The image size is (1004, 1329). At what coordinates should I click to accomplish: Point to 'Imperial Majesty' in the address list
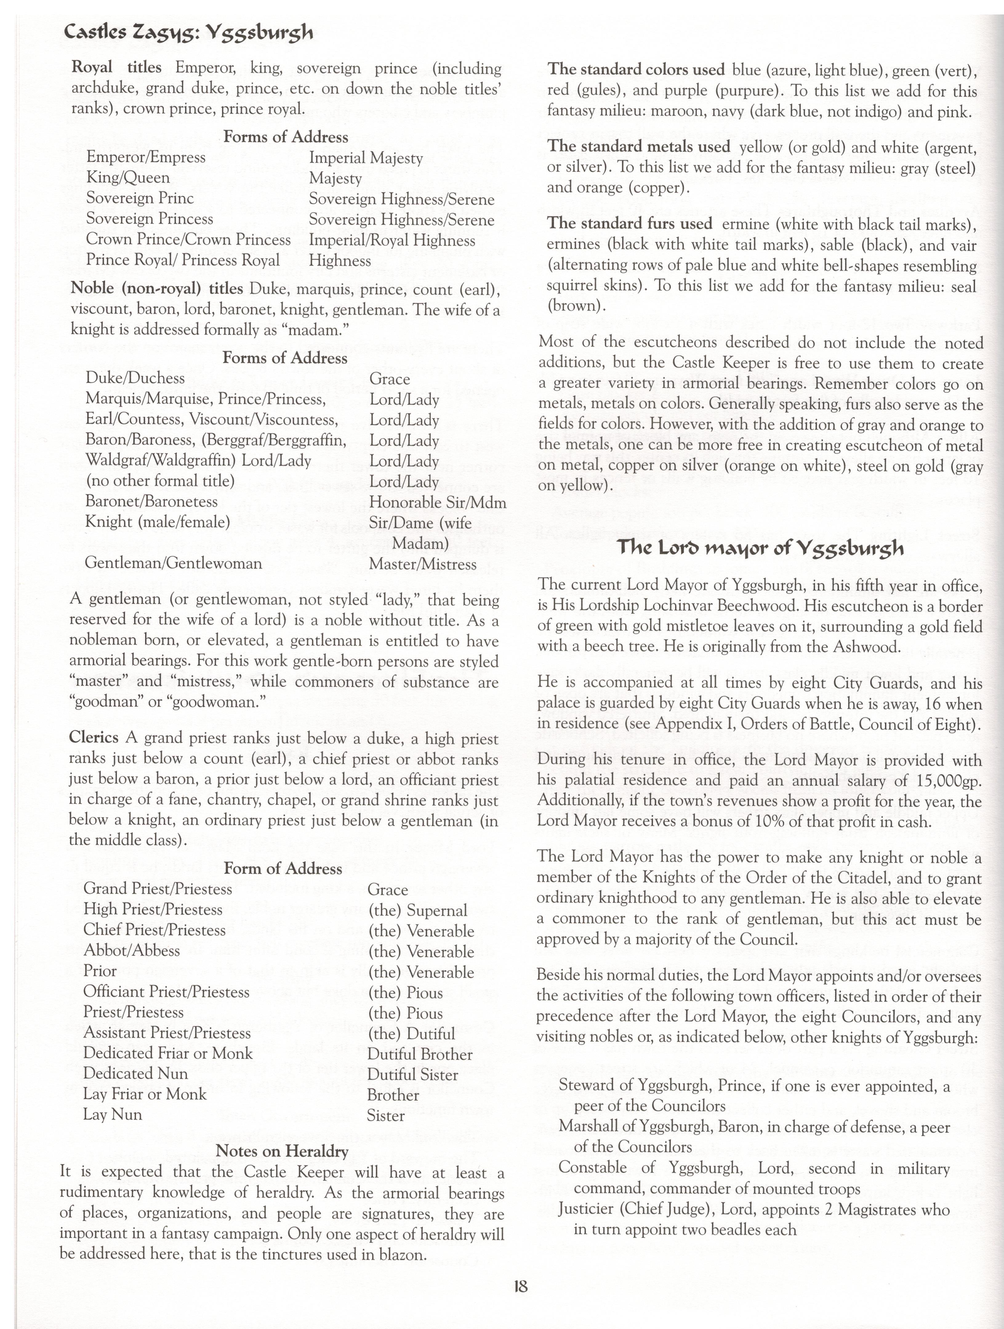point(366,158)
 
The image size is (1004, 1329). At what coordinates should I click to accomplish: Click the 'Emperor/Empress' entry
point(146,158)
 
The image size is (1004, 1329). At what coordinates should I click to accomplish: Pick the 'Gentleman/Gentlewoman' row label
point(174,563)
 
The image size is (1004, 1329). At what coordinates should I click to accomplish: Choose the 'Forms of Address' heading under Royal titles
point(285,137)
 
